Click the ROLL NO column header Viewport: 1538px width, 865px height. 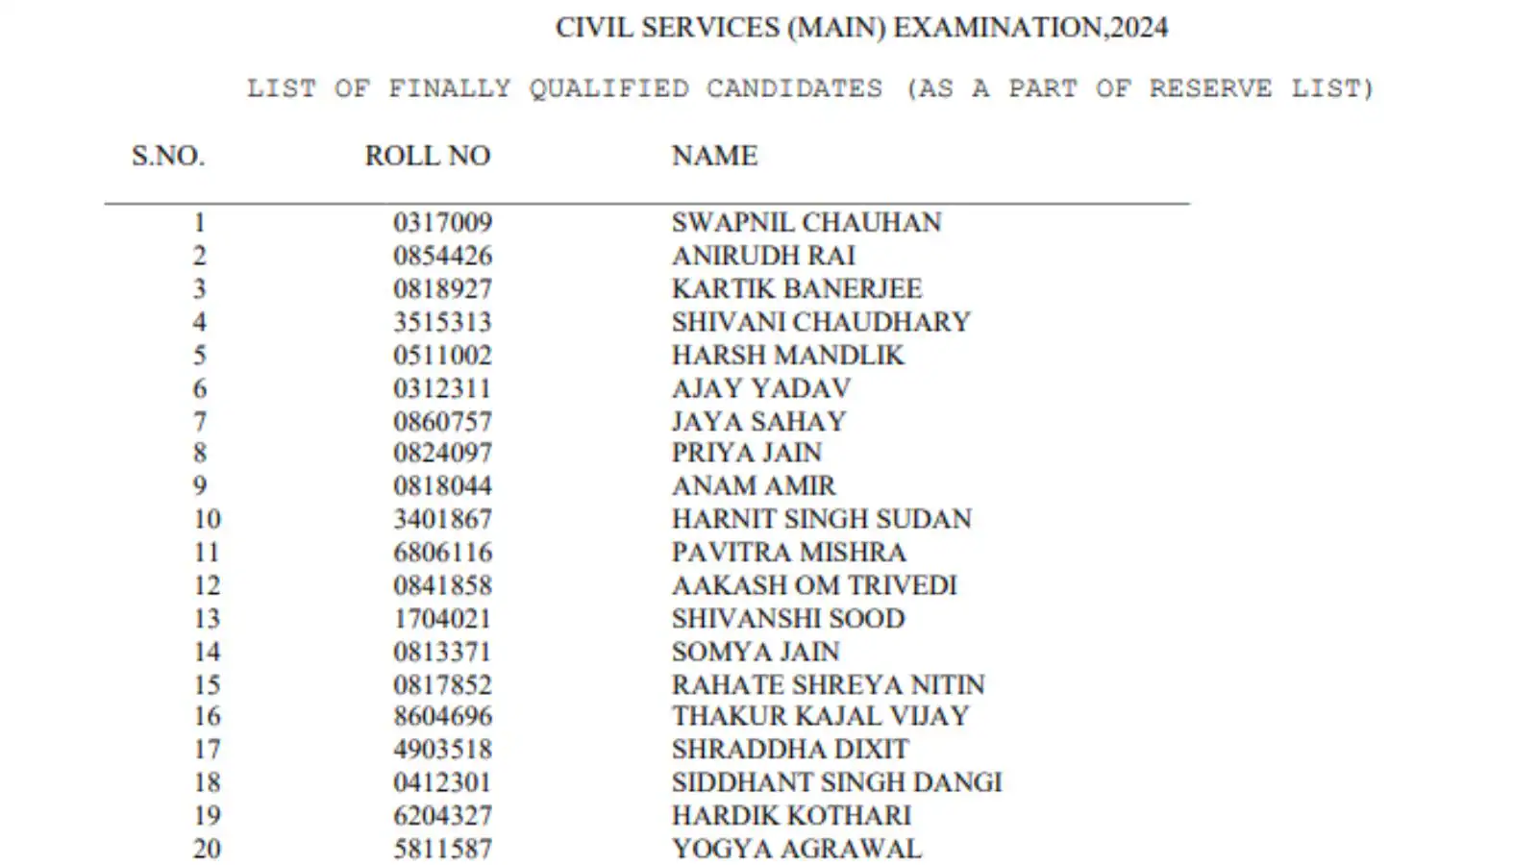[x=427, y=156]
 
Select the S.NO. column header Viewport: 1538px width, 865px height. [x=168, y=156]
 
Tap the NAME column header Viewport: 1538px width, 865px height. [x=714, y=156]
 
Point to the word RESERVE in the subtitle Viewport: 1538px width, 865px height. [x=1210, y=88]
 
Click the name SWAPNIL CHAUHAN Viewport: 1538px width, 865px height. [x=806, y=222]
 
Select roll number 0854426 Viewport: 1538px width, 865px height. [x=442, y=256]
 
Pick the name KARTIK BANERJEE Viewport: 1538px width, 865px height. [x=796, y=288]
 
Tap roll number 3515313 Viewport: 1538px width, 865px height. [x=442, y=322]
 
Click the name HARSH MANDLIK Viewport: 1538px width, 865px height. [x=787, y=356]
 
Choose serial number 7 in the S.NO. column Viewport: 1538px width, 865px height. [x=200, y=422]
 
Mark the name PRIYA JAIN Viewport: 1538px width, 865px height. [x=746, y=453]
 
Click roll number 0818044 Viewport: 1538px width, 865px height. [x=442, y=486]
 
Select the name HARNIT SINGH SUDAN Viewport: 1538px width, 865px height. [x=821, y=519]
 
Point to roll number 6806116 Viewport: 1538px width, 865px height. [x=442, y=553]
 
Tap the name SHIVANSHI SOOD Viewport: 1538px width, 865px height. [x=787, y=618]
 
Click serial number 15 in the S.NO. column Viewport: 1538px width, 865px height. [x=207, y=685]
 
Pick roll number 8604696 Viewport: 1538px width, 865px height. [x=442, y=716]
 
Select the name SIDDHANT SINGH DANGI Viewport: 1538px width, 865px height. [x=836, y=782]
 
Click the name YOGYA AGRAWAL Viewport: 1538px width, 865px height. [x=796, y=849]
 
